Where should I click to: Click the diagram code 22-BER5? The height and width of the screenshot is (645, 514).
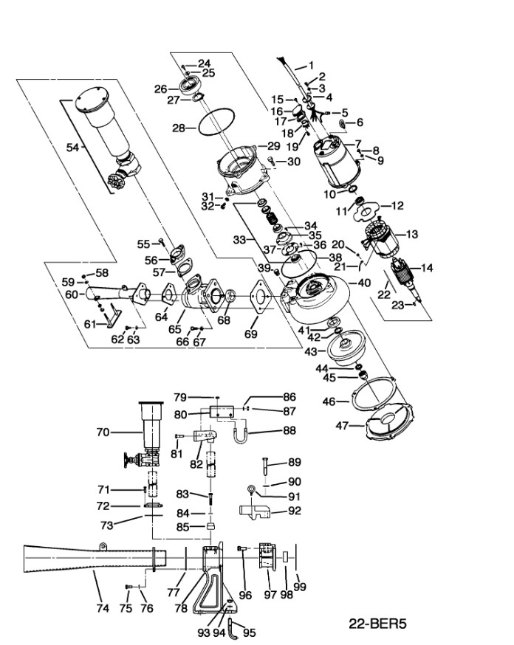377,624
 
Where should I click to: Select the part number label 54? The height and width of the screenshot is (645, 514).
72,148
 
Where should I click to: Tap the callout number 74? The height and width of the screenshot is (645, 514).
103,608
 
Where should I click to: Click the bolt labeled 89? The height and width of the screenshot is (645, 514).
264,468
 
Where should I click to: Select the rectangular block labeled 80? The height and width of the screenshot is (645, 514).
221,410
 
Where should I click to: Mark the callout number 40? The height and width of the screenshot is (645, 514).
364,282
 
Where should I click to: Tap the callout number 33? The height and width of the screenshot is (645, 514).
239,240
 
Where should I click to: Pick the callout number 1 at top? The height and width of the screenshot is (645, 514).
311,65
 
